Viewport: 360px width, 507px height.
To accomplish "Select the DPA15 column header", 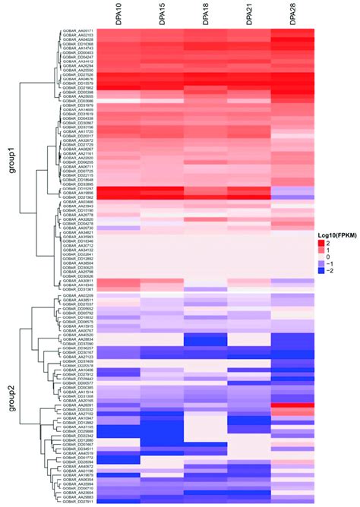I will point(163,14).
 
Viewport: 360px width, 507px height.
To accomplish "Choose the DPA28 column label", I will point(292,14).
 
